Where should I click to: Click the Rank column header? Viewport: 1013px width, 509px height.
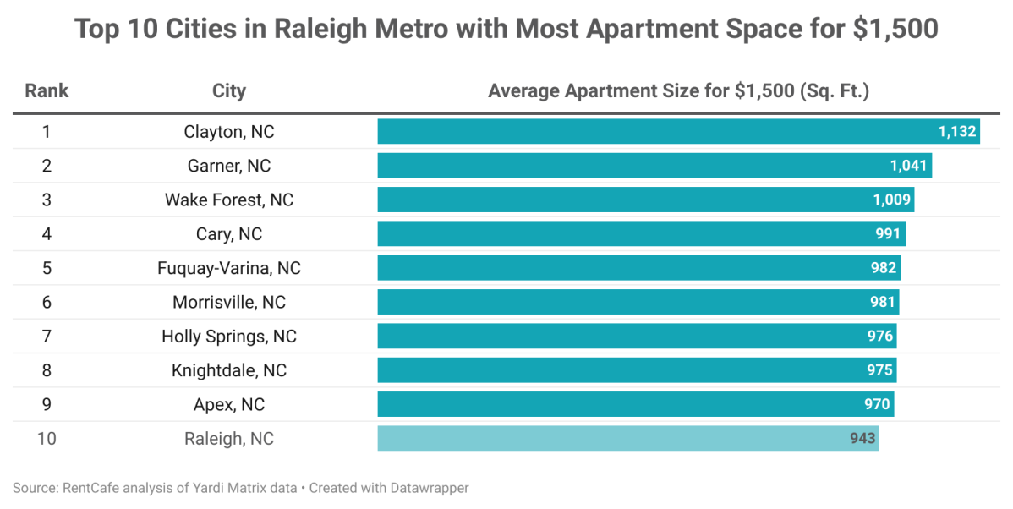point(47,91)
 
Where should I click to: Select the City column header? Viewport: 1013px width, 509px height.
point(229,91)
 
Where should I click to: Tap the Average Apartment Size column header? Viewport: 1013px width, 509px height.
point(678,91)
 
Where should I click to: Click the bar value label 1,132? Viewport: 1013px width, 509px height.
point(957,132)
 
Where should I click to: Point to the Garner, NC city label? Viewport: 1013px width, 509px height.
point(229,166)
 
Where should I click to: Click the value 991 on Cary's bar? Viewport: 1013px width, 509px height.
point(889,234)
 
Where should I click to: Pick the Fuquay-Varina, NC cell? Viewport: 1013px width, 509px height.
point(229,268)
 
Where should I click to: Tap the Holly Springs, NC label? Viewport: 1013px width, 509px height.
point(229,337)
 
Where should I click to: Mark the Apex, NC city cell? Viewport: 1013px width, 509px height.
point(229,404)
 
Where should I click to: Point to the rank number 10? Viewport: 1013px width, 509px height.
point(47,439)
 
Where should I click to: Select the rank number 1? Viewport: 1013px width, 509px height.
point(47,132)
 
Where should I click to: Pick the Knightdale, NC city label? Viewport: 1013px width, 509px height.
point(229,370)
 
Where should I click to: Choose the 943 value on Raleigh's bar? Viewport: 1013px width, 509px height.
point(862,439)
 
